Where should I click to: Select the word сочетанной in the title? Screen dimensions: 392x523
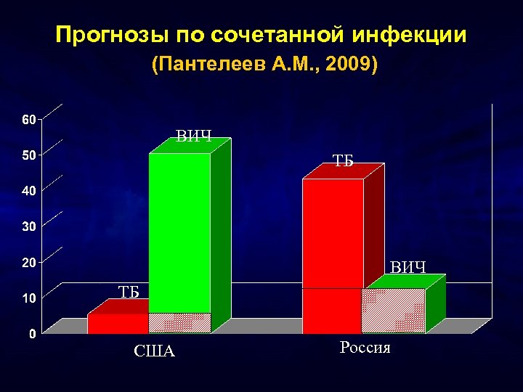click(x=273, y=36)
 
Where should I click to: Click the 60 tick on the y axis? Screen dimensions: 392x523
click(x=25, y=119)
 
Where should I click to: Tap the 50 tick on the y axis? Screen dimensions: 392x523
click(x=25, y=155)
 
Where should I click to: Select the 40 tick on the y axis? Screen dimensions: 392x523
click(x=25, y=190)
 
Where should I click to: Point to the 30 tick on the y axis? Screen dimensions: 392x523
click(x=25, y=226)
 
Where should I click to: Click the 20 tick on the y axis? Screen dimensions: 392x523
click(x=25, y=262)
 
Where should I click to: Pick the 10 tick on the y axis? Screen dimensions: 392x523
click(x=25, y=298)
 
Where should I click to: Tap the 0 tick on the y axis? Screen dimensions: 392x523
click(x=29, y=334)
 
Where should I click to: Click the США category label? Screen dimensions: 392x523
click(x=154, y=352)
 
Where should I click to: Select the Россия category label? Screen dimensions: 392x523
click(x=365, y=348)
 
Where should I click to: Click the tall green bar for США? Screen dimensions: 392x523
click(x=179, y=232)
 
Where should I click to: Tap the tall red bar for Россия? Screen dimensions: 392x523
click(x=332, y=232)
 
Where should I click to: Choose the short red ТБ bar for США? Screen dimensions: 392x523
click(x=118, y=324)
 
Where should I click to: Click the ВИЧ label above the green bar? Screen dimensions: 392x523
click(x=194, y=136)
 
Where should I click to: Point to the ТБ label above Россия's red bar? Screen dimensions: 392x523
click(x=343, y=161)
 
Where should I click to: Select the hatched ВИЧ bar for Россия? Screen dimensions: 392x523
click(x=393, y=311)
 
